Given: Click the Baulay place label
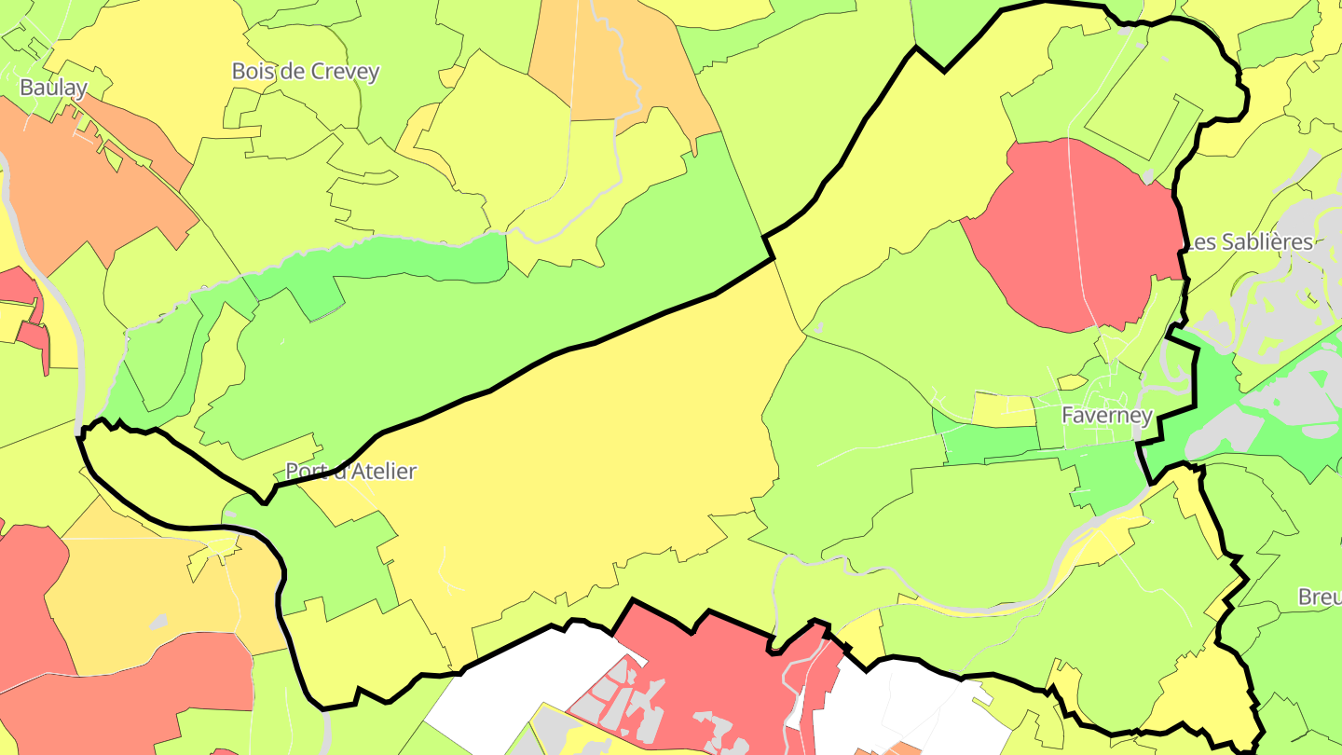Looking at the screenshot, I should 54,89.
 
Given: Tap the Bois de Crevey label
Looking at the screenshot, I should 306,72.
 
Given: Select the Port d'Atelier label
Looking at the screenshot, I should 350,472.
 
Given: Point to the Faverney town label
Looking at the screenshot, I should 1107,416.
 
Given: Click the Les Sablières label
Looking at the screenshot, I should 1249,242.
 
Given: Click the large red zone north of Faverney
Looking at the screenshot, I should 1072,233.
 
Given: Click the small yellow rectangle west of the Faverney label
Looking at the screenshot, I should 1003,409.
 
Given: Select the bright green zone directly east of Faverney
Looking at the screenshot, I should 1212,410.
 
